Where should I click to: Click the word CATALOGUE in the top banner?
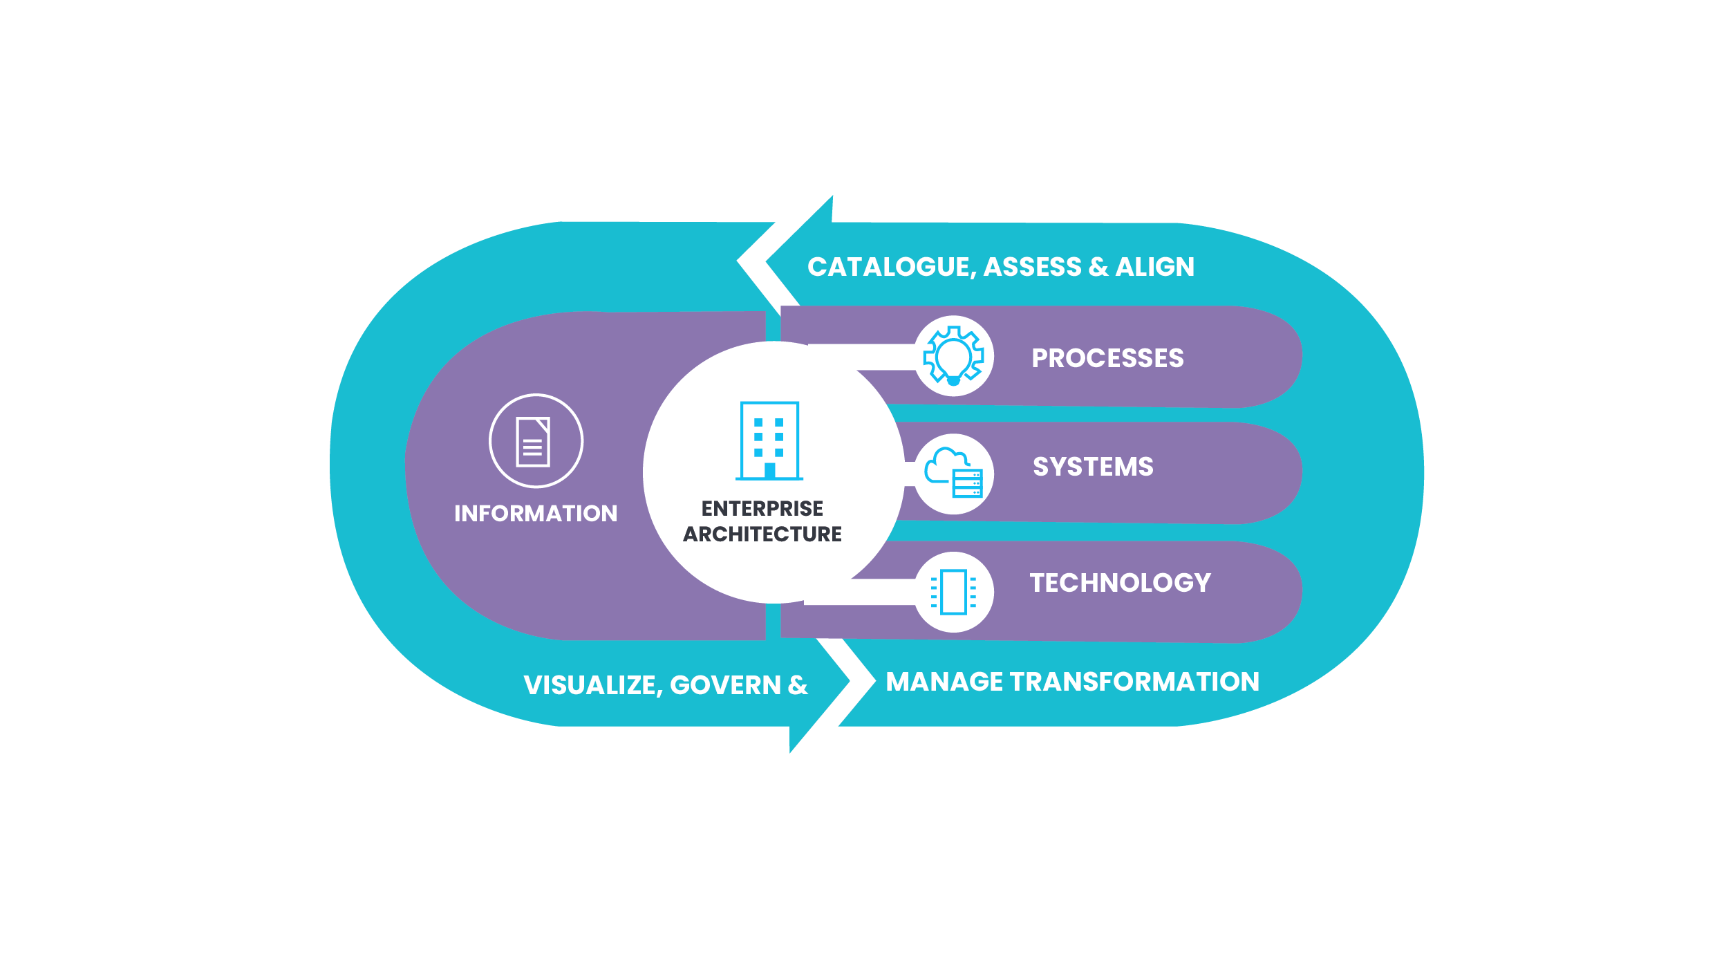(891, 267)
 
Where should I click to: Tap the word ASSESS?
(1032, 267)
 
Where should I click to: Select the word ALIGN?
(1154, 267)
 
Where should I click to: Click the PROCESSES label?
(1107, 358)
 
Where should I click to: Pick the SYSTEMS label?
(1093, 467)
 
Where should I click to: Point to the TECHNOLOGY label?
(1120, 583)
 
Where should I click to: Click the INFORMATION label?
(536, 514)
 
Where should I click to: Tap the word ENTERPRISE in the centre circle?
(762, 509)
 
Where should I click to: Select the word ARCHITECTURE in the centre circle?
(762, 534)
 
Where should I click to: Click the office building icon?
(769, 440)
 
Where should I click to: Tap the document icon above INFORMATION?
(534, 442)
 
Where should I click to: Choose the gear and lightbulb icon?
(954, 356)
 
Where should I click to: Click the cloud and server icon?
(954, 474)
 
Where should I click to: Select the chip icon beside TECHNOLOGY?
(954, 592)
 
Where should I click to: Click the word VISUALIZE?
(590, 685)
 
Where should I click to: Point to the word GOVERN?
(725, 685)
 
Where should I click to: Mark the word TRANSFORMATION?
(1134, 682)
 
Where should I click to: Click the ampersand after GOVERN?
(797, 685)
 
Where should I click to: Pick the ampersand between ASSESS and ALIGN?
(1098, 267)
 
